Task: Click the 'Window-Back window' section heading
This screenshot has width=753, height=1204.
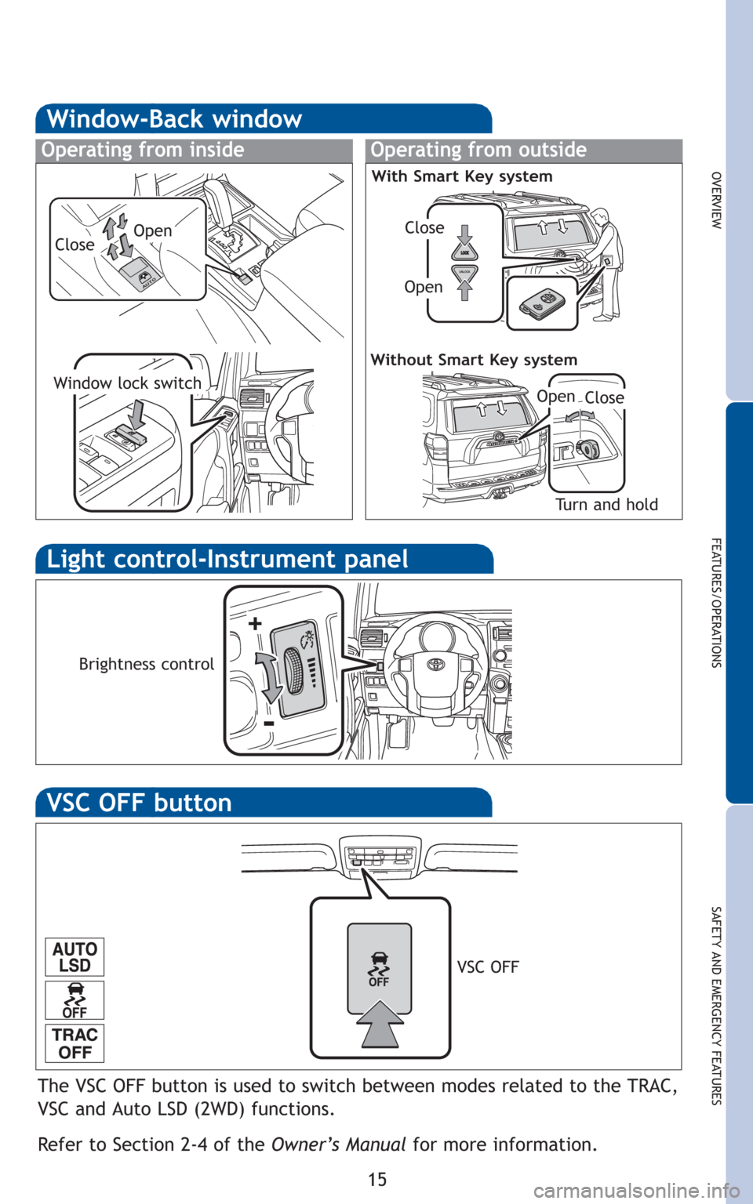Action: point(174,119)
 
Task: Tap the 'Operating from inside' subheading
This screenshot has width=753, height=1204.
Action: point(143,150)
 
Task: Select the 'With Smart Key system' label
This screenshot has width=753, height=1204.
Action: point(462,176)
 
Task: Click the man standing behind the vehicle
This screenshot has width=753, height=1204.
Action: point(609,263)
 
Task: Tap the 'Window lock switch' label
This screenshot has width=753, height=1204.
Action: point(128,383)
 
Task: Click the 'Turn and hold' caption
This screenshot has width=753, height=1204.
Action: point(606,505)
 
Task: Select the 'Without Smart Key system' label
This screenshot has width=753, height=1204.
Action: point(474,360)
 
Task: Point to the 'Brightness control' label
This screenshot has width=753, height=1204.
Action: point(147,665)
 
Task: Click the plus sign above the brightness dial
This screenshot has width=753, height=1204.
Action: point(255,623)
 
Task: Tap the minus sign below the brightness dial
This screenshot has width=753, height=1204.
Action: point(270,723)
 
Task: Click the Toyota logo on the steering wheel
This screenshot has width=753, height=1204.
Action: point(434,664)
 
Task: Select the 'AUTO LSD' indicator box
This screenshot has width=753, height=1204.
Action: point(75,957)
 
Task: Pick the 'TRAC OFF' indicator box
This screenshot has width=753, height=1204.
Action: point(75,1044)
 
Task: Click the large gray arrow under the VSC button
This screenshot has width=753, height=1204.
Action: point(380,1024)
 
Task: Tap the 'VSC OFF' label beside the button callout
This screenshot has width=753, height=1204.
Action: point(488,967)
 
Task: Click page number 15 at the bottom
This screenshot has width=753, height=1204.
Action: point(377,1179)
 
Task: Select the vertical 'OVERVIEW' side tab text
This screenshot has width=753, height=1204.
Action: point(715,201)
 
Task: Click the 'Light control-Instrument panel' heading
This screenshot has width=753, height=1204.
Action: point(227,559)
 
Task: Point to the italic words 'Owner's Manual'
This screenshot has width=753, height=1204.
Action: point(338,1145)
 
